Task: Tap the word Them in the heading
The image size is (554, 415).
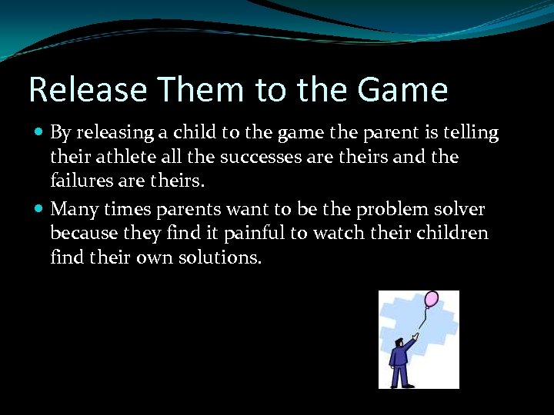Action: pyautogui.click(x=196, y=90)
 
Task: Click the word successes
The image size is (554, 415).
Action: pyautogui.click(x=251, y=158)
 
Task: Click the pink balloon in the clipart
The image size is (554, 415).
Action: pyautogui.click(x=431, y=299)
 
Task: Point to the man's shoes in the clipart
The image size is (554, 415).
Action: pyautogui.click(x=401, y=385)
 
